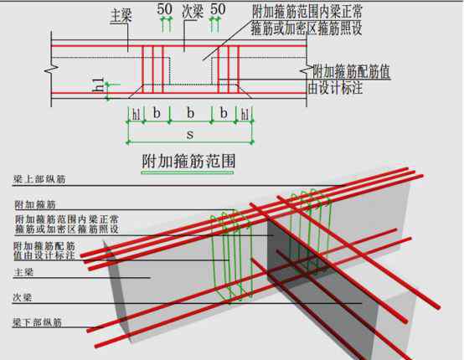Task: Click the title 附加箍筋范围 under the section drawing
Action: (x=188, y=162)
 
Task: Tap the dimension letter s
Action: (x=190, y=135)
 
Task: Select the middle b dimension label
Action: (x=191, y=113)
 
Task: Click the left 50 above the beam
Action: (x=164, y=9)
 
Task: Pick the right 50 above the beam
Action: (x=218, y=9)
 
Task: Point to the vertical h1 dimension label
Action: (x=98, y=85)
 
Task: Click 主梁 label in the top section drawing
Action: (x=121, y=16)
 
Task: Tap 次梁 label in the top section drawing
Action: (x=193, y=12)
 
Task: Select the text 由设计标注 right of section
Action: (x=335, y=88)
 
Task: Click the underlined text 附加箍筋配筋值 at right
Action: (x=352, y=72)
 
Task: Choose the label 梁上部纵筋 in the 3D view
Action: (x=39, y=179)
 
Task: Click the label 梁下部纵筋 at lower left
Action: (x=38, y=322)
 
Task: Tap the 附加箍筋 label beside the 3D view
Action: (x=35, y=205)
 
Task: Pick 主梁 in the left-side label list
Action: (x=23, y=272)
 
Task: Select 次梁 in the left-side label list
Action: (x=22, y=297)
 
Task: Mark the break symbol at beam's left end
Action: (x=51, y=69)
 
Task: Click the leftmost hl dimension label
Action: (x=137, y=114)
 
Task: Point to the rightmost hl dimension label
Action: (x=245, y=114)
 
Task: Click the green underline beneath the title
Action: (x=188, y=172)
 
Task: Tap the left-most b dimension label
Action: (x=157, y=113)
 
